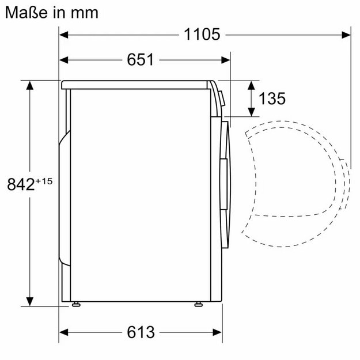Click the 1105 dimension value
pos(202,35)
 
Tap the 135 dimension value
pos(272,98)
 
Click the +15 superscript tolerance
pos(44,180)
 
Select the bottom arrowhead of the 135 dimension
pos(252,112)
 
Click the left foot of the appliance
pos(75,304)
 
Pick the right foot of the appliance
pos(199,304)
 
